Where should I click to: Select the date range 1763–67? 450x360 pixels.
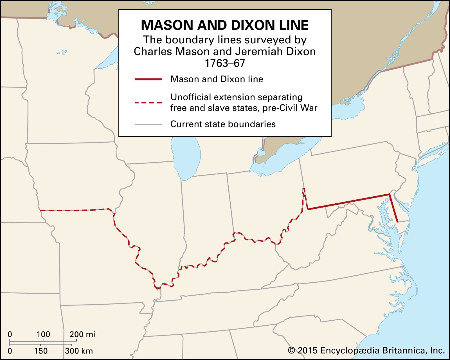coord(225,63)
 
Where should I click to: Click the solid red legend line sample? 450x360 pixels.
coord(148,79)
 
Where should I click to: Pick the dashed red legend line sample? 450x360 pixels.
coord(148,103)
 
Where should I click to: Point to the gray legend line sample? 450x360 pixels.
coord(148,124)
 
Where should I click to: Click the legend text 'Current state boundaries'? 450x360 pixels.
coord(223,124)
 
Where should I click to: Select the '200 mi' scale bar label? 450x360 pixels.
coord(82,334)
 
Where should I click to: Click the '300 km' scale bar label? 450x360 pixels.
coord(79,351)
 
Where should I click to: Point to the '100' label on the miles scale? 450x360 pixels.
coord(43,334)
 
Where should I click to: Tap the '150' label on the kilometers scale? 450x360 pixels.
coord(41,351)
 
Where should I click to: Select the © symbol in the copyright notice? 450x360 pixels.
coord(292,351)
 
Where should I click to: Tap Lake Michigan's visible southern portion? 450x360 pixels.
coord(186,157)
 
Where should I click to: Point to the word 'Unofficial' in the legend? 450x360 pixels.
coord(190,97)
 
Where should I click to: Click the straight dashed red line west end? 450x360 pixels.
coord(41,210)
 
